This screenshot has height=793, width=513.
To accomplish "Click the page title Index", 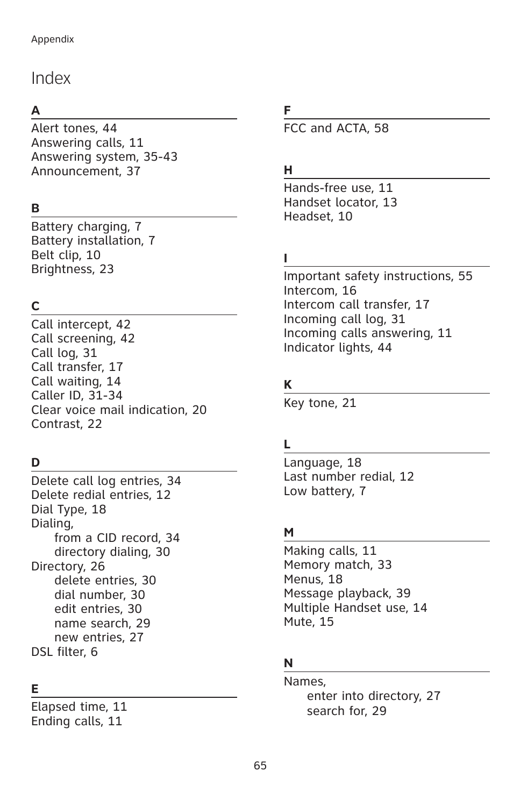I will coord(51,78).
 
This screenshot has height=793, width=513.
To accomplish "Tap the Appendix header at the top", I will coord(53,39).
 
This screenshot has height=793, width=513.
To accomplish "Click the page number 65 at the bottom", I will coord(260,766).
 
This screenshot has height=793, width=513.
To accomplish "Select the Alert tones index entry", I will coord(74,128).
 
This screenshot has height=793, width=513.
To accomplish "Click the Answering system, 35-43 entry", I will coord(104,157).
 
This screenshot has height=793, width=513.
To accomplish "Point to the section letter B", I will coord(35,209).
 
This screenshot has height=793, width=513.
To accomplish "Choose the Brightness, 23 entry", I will coord(73,269).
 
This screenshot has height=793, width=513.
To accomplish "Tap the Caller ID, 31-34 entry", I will coord(77,396).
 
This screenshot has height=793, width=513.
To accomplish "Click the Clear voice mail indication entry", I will coord(119,410).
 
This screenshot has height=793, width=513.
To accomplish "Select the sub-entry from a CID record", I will coord(117,538).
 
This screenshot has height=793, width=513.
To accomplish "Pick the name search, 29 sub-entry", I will coord(102,624).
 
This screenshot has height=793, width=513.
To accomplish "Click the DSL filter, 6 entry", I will coord(65,652).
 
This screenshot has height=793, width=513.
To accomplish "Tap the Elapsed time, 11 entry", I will coord(79,707).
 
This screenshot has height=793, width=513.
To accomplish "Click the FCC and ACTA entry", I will coord(336,128).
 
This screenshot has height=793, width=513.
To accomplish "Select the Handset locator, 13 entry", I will coord(340,203).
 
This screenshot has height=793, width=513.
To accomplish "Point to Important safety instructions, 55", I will coord(378,276).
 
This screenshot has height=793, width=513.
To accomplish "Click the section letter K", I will coord(288,385).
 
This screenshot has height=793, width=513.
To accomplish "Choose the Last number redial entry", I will coord(349,477).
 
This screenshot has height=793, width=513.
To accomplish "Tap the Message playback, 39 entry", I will coord(347,594).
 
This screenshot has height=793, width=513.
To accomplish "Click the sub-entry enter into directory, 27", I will coord(374,696).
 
